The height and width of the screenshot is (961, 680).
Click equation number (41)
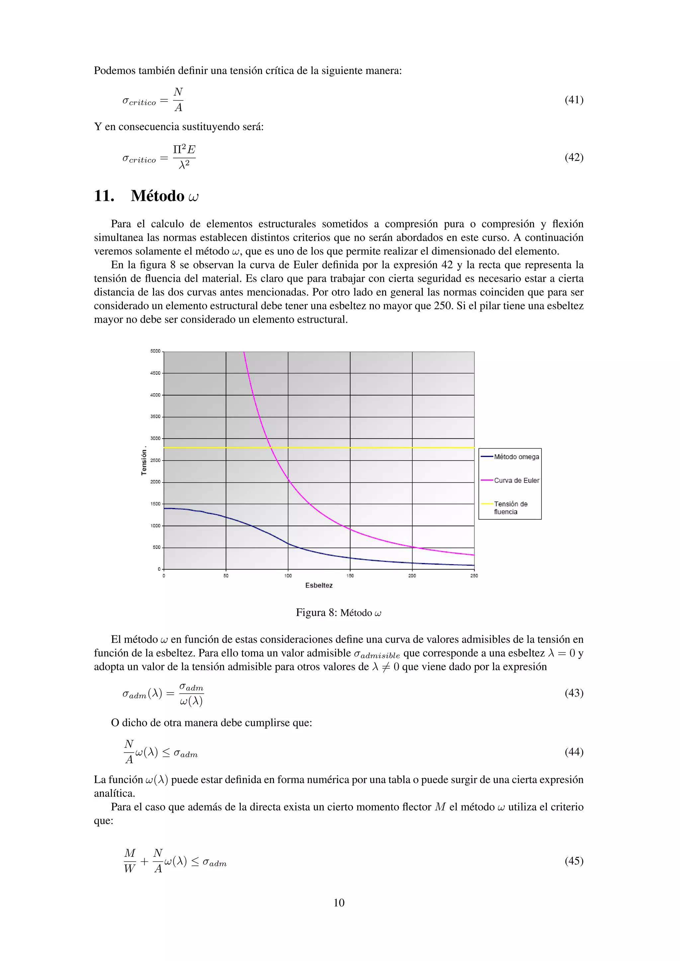(x=574, y=100)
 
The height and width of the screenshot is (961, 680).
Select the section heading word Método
(x=157, y=196)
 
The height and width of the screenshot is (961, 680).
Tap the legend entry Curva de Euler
(x=516, y=480)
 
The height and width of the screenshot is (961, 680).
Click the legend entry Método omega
(x=516, y=457)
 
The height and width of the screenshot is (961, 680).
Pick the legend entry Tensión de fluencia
(x=510, y=508)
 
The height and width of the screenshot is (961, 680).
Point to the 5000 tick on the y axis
(x=155, y=351)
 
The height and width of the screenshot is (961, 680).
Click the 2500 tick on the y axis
(x=155, y=460)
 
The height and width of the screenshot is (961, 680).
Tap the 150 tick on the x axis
(x=350, y=576)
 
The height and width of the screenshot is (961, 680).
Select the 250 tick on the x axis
(x=474, y=576)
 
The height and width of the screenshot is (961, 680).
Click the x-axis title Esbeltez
(x=319, y=586)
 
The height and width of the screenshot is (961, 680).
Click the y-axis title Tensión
(x=144, y=460)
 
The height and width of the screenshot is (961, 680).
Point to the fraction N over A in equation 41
(x=178, y=100)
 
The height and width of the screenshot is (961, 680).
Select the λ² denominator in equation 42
(x=184, y=165)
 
